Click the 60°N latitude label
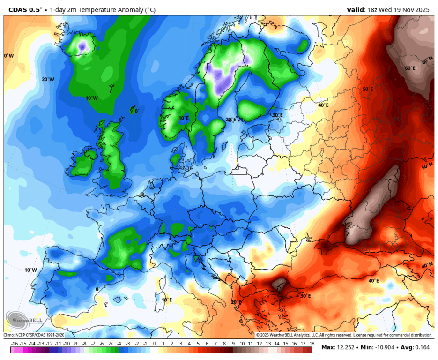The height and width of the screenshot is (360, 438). (x=427, y=61)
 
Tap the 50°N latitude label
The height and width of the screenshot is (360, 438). (x=427, y=167)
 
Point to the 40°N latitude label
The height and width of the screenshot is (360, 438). (x=427, y=265)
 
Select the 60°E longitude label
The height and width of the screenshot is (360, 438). (x=410, y=68)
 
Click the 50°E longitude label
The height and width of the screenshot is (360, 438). (x=368, y=89)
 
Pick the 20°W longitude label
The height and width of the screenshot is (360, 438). (x=48, y=79)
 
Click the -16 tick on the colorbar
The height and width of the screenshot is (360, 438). (x=15, y=344)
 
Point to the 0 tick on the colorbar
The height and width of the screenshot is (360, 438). (x=155, y=344)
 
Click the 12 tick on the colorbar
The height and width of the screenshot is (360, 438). (x=259, y=344)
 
